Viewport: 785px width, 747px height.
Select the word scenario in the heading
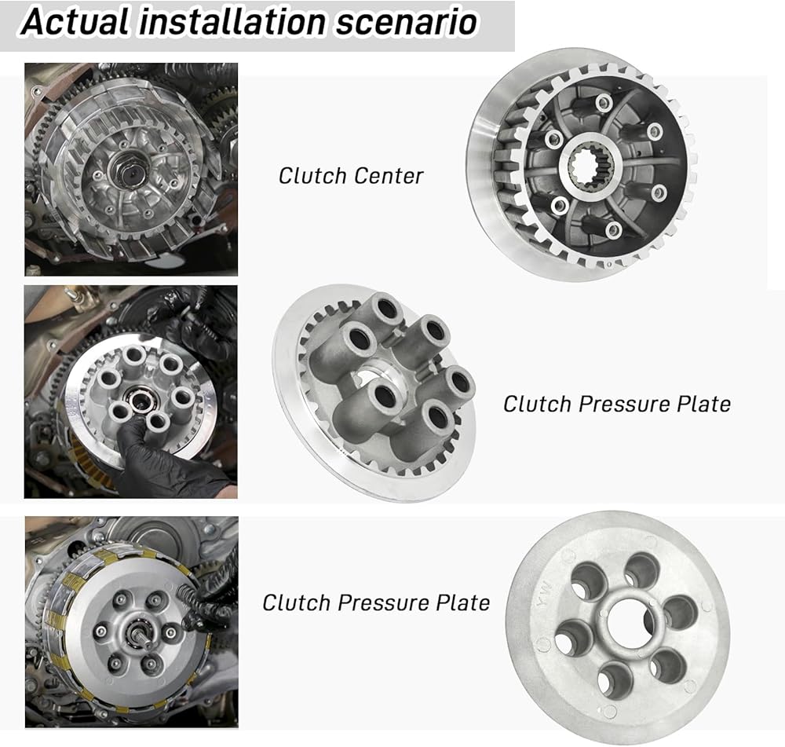click(406, 23)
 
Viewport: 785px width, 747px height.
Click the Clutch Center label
click(350, 176)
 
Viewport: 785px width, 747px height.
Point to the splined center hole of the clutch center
click(592, 164)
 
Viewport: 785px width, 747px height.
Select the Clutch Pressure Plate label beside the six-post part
click(617, 404)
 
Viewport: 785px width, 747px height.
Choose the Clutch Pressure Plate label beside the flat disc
click(376, 602)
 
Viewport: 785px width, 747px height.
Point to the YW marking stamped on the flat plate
click(545, 594)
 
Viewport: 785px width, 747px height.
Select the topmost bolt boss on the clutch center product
click(604, 104)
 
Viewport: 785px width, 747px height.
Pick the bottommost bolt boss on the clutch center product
click(613, 230)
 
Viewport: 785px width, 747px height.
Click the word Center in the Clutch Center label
click(388, 176)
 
